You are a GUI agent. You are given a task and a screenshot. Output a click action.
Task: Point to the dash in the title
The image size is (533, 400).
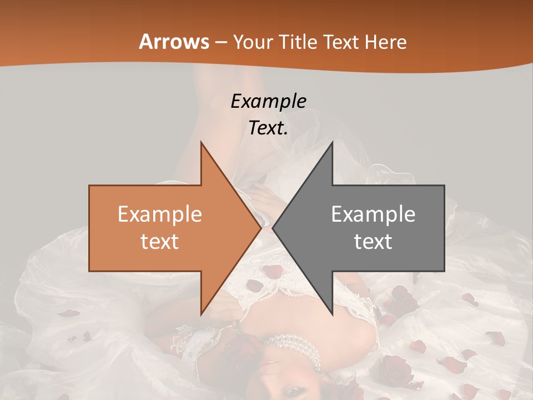(221, 42)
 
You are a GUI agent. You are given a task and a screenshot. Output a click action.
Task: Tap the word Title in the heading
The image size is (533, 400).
(302, 42)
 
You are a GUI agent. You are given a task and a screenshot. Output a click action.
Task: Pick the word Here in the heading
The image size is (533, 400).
(389, 42)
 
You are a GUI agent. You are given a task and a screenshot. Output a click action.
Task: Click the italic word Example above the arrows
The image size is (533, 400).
(269, 101)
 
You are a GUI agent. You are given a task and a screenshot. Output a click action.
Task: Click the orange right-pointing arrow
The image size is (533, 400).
(167, 228)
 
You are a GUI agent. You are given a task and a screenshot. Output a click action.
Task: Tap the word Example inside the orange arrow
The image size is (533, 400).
(160, 214)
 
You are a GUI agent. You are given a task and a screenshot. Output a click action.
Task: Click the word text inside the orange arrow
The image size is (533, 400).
(160, 242)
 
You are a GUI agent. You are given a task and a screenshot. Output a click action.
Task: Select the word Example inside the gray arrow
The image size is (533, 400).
(373, 214)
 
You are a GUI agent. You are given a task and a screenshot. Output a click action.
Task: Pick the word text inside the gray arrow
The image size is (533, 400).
(373, 242)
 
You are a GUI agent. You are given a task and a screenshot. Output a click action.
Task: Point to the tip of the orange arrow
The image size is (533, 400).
(260, 228)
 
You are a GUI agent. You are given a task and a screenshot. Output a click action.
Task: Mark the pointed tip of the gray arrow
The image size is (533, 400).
(274, 228)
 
